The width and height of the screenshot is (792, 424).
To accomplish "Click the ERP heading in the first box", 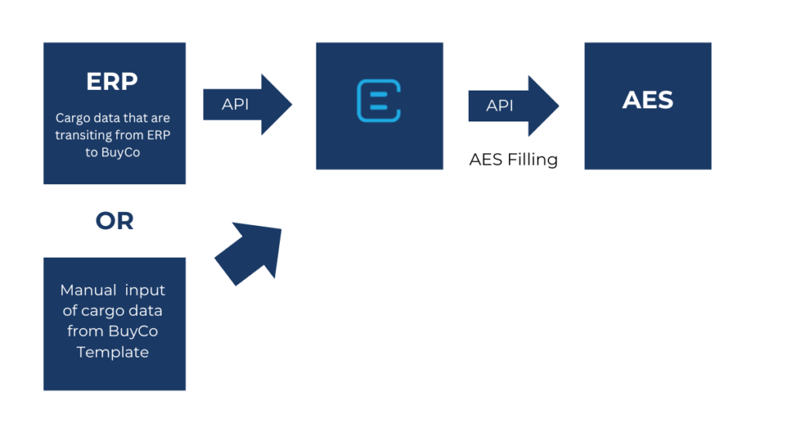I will [x=113, y=82].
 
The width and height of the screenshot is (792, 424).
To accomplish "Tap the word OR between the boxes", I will [x=114, y=221].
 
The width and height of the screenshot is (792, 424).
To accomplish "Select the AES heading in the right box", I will [x=647, y=100].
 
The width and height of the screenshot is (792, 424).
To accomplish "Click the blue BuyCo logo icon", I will [x=379, y=101].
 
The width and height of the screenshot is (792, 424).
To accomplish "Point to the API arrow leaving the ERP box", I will [x=247, y=104].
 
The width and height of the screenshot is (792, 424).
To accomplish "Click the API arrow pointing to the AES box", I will [x=513, y=105].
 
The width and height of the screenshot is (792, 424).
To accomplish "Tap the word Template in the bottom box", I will [x=112, y=352].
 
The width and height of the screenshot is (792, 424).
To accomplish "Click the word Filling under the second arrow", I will [x=533, y=160].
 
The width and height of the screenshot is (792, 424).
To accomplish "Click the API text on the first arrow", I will [x=235, y=104].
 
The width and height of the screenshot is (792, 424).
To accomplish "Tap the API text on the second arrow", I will [x=500, y=105].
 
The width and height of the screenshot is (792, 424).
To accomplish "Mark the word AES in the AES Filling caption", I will [x=485, y=160].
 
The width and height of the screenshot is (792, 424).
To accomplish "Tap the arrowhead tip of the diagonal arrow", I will [x=280, y=229].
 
